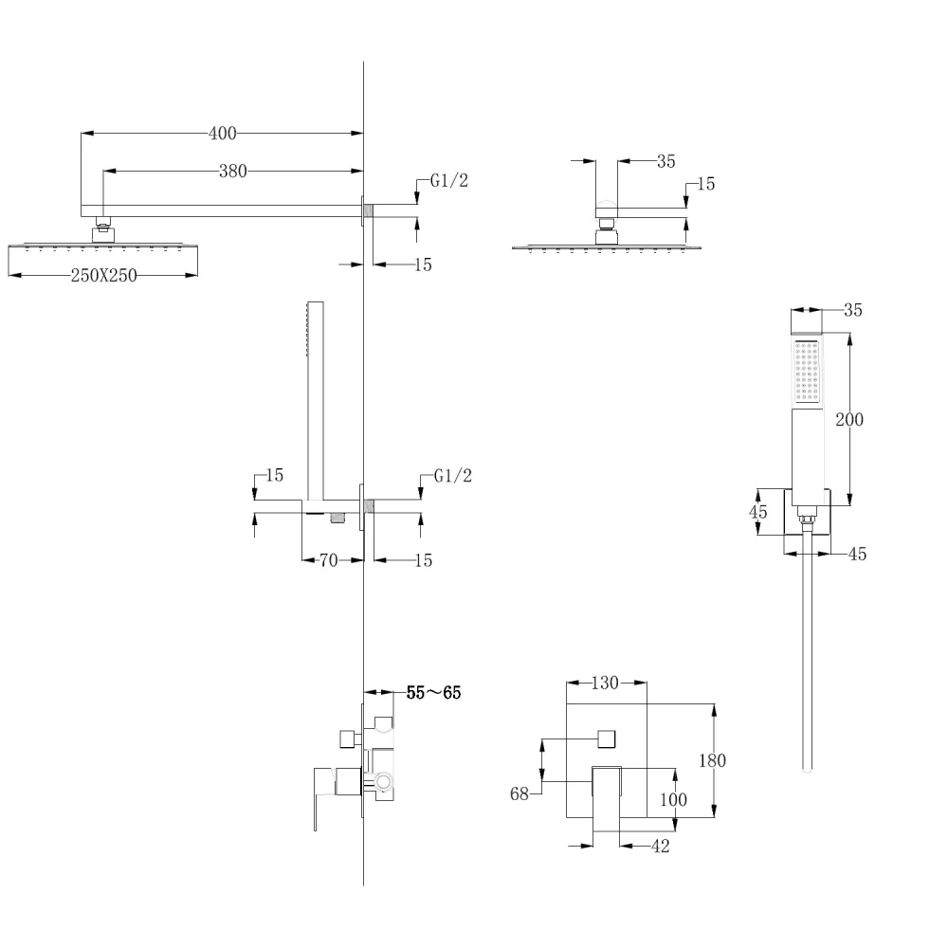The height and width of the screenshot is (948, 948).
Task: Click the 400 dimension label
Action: [x=223, y=133]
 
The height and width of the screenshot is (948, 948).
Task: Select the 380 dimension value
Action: [x=233, y=171]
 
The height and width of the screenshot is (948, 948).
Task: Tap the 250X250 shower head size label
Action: [x=104, y=275]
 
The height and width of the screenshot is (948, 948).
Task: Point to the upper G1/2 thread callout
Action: [x=448, y=180]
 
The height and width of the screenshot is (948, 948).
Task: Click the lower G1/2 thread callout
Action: [x=453, y=476]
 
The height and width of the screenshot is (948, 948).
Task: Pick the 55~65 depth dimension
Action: [x=433, y=692]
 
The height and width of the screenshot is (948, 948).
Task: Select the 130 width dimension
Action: [x=605, y=683]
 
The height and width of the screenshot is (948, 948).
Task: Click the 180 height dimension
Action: [x=712, y=760]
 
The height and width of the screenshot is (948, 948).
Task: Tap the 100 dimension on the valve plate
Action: [x=673, y=799]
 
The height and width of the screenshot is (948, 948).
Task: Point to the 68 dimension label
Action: [x=520, y=793]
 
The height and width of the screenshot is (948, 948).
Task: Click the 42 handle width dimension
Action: [x=660, y=846]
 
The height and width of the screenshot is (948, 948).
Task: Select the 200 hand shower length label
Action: [x=848, y=419]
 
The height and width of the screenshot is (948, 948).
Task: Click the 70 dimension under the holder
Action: [x=328, y=560]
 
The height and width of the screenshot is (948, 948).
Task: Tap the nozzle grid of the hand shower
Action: [x=807, y=372]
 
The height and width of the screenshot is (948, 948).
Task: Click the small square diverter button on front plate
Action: [x=607, y=738]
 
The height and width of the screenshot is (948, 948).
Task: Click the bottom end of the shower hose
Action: [x=807, y=770]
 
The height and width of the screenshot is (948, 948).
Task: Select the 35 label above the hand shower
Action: [x=852, y=310]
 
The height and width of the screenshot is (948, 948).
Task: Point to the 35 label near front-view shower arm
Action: [x=665, y=161]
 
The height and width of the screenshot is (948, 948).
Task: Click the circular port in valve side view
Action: [x=383, y=782]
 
